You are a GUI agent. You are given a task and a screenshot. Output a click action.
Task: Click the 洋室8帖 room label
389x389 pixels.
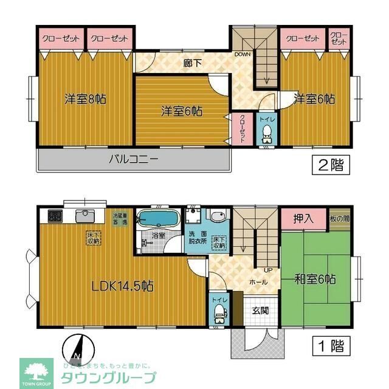[85, 98]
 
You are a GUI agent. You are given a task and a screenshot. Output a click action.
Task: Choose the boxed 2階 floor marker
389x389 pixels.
[329, 165]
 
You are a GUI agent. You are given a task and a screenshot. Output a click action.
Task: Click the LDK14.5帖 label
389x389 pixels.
[122, 286]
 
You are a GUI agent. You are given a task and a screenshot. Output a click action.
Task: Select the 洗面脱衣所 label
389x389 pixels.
[198, 238]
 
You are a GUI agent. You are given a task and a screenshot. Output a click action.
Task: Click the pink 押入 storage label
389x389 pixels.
[303, 219]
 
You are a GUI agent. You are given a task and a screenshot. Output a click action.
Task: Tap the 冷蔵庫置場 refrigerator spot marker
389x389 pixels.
[120, 218]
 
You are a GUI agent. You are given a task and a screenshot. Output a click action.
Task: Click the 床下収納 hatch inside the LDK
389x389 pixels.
[92, 238]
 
